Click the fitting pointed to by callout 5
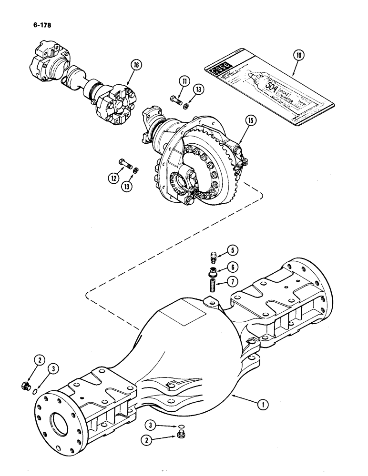[x=214, y=256]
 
